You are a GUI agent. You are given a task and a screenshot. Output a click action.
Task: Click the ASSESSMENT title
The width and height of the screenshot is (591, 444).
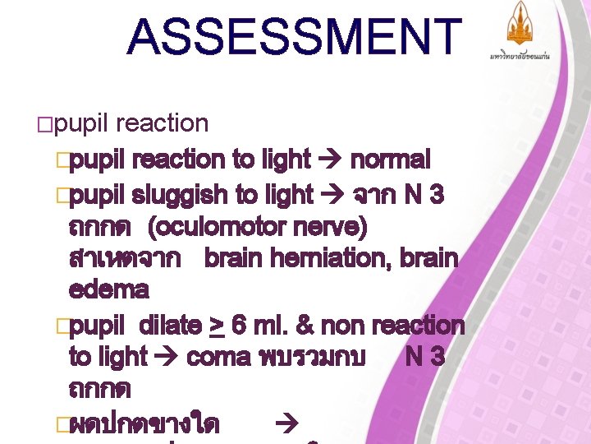(x=295, y=38)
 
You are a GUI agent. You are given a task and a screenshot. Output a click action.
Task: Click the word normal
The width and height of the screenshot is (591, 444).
(x=390, y=160)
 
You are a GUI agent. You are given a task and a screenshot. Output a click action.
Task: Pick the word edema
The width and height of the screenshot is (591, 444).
(x=109, y=290)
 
